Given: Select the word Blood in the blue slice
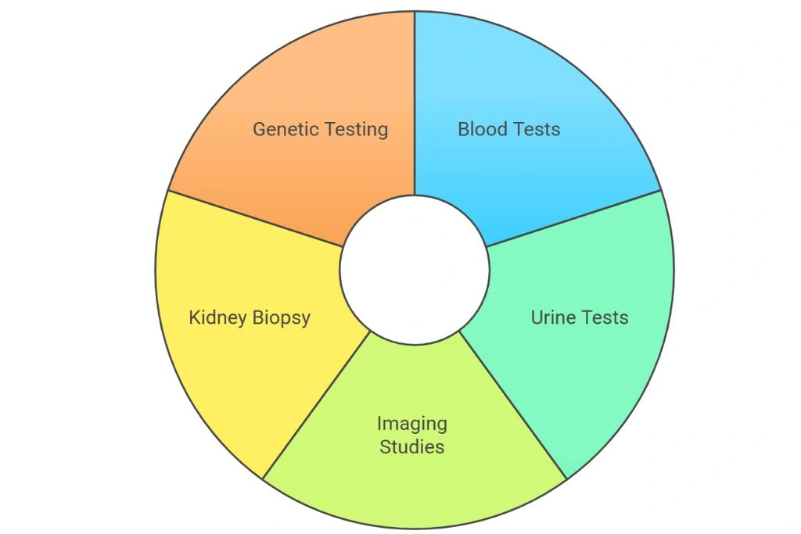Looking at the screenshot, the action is [x=482, y=129].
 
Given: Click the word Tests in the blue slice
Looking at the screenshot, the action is [x=537, y=129].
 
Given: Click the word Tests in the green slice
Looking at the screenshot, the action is [x=605, y=317].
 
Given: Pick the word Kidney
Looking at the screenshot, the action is [x=218, y=317].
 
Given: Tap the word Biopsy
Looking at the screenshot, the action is [x=282, y=318].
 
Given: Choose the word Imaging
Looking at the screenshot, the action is [x=412, y=424].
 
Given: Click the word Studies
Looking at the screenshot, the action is [x=412, y=446].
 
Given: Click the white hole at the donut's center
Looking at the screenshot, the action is [x=415, y=270].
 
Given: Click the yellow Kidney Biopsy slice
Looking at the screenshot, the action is [x=245, y=327].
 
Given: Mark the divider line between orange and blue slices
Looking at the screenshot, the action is [x=415, y=103].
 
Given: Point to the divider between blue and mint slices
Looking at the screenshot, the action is [x=573, y=218].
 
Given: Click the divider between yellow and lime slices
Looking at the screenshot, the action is [x=316, y=405].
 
